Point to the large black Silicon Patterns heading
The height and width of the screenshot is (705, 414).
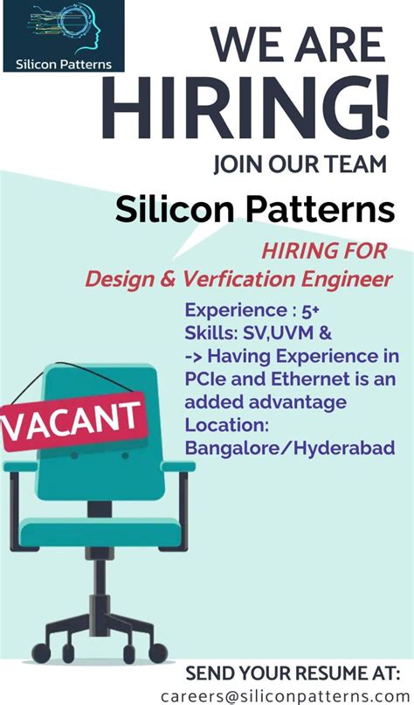coord(255,210)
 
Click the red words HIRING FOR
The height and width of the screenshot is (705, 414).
coord(324,252)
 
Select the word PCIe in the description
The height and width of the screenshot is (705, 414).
coord(207,380)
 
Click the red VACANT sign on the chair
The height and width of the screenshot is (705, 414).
coord(73,421)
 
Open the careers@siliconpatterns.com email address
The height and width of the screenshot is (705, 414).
coord(285,695)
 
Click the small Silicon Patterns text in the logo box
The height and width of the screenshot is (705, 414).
coord(62,63)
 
